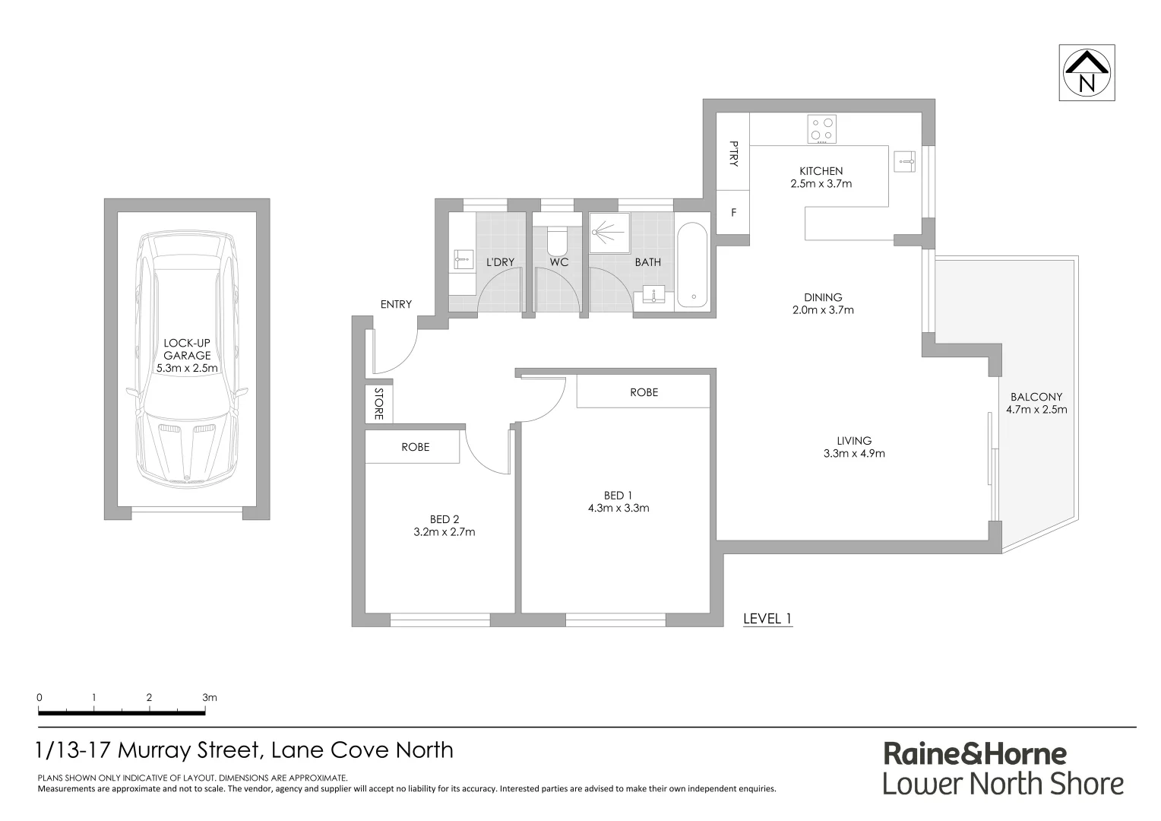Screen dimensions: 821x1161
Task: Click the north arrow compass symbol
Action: pyautogui.click(x=1087, y=73)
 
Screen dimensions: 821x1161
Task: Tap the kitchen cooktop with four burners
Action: pyautogui.click(x=821, y=128)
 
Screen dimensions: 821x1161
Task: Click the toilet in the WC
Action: pyautogui.click(x=556, y=240)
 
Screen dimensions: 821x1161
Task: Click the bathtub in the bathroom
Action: pyautogui.click(x=691, y=265)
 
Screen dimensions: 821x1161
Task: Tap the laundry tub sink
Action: pyautogui.click(x=461, y=259)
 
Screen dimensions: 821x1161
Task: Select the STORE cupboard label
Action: pyautogui.click(x=378, y=404)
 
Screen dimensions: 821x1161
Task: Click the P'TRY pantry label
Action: pyautogui.click(x=733, y=154)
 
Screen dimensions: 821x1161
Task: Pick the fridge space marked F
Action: pyautogui.click(x=733, y=213)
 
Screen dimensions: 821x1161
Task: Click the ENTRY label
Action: pyautogui.click(x=396, y=304)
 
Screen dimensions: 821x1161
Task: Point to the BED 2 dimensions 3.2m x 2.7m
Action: pyautogui.click(x=444, y=532)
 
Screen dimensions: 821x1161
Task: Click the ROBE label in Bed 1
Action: pyautogui.click(x=644, y=392)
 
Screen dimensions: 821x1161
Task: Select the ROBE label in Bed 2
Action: pyautogui.click(x=415, y=447)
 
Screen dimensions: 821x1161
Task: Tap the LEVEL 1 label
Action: pyautogui.click(x=767, y=619)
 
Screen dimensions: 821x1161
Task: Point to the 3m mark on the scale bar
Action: pyautogui.click(x=209, y=697)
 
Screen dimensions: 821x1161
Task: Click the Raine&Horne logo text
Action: pyautogui.click(x=975, y=753)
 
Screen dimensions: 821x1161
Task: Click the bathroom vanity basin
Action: pyautogui.click(x=653, y=295)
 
